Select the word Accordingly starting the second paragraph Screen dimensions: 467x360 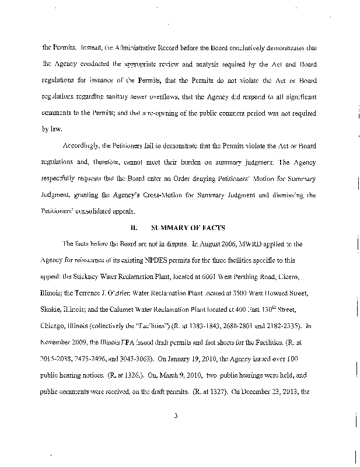[76, 145]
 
